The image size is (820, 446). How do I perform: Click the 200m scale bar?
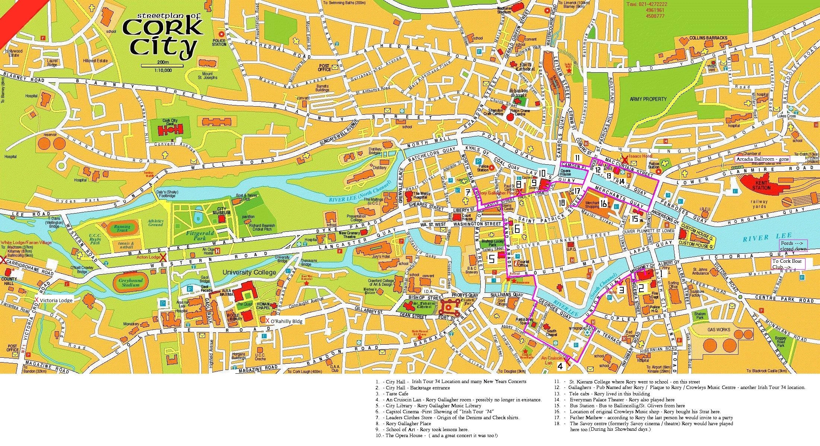162,66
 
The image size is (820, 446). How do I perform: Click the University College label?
249,272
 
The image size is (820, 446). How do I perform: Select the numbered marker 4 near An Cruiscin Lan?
560,366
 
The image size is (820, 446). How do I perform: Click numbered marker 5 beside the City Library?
491,259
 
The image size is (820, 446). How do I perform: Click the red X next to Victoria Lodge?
37,300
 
